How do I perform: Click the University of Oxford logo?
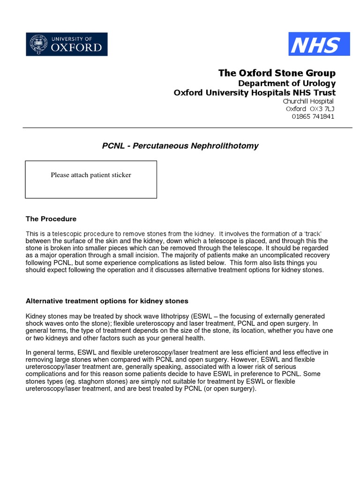tap(66, 44)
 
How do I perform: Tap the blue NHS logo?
tap(319, 44)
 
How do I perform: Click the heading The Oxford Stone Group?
tap(277, 73)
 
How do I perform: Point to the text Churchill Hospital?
tap(308, 101)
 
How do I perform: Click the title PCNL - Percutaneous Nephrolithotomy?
tap(180, 146)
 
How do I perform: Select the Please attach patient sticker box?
tap(91, 179)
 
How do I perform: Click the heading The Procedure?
tap(51, 219)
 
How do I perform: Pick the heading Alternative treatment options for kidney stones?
tap(107, 300)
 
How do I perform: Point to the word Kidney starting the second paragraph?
tap(35, 316)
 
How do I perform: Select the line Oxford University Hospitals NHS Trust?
tap(255, 92)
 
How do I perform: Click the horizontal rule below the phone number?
tap(187, 127)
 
